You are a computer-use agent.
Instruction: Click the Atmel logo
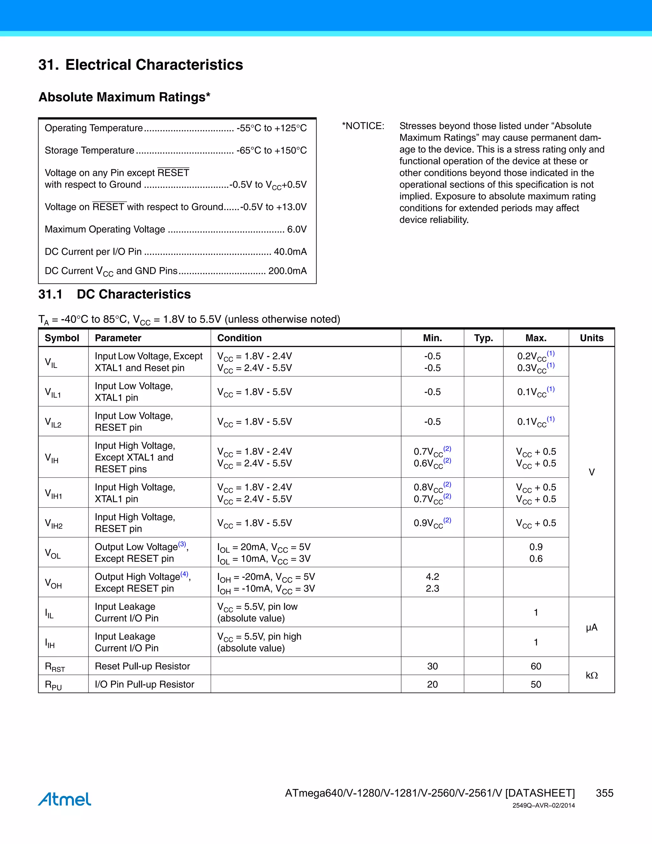point(65,799)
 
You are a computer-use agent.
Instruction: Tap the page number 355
point(604,793)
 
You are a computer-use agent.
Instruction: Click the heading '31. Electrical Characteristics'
point(141,65)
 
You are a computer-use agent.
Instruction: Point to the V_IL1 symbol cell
point(53,392)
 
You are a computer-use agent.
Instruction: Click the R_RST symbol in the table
point(55,667)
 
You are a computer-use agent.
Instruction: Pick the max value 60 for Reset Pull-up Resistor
point(536,666)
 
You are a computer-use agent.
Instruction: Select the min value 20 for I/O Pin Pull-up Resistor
point(432,684)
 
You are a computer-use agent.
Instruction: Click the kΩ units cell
point(592,675)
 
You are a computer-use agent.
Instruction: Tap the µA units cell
point(592,627)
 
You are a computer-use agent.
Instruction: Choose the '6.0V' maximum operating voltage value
point(297,229)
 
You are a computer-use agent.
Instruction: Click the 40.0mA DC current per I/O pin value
point(290,252)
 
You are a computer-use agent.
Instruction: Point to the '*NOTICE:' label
point(363,126)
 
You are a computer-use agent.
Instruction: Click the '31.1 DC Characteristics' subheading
point(114,294)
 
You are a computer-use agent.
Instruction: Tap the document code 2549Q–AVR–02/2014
point(543,805)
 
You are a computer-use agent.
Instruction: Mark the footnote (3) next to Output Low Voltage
point(182,544)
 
